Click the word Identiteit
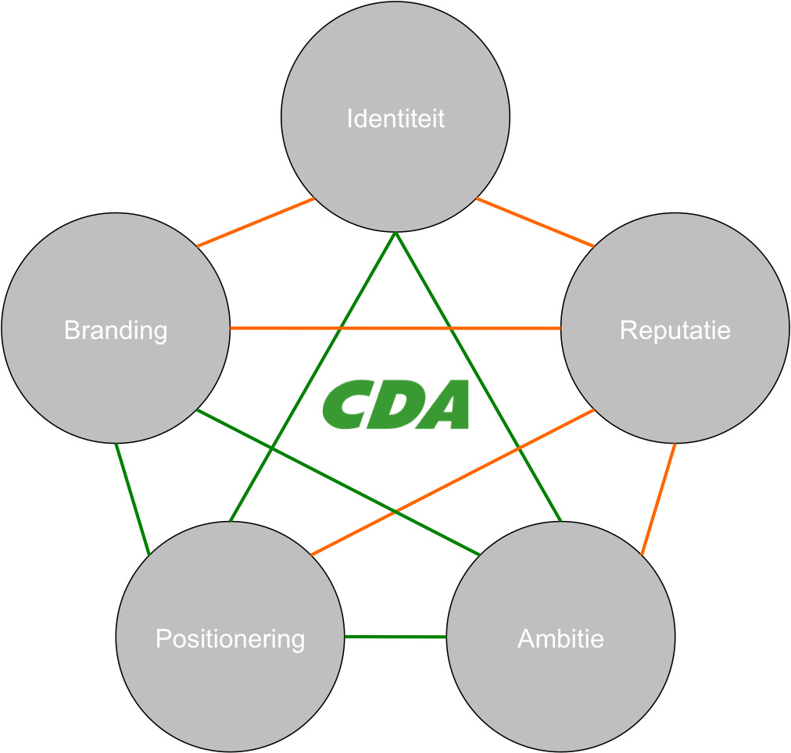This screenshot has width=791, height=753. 395,119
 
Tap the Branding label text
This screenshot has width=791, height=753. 116,330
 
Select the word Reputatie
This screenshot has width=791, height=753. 675,330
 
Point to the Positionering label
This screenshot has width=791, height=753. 230,639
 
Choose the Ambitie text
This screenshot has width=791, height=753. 560,639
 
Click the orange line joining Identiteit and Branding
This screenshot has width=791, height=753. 256,223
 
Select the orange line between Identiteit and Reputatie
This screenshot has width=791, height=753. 535,223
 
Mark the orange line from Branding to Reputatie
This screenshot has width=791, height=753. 395,329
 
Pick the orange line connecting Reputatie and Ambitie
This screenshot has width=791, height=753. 658,499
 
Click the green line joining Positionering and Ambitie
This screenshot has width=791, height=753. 395,637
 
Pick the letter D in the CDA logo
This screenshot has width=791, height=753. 395,405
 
